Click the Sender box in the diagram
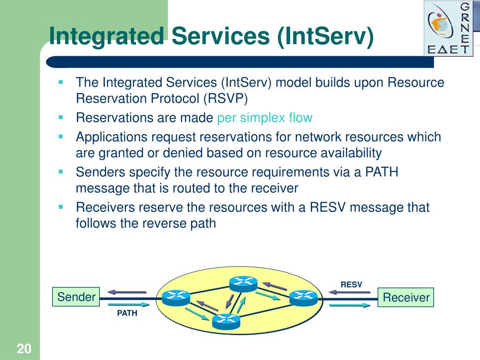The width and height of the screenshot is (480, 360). coord(76,297)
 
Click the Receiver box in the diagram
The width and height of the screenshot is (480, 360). coord(405,297)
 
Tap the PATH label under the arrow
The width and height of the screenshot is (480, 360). coord(127,313)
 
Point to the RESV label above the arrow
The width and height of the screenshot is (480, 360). coord(351,285)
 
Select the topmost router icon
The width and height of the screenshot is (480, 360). coord(243,284)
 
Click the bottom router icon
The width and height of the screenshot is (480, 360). coord(226,322)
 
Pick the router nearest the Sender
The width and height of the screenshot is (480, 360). coord(176,298)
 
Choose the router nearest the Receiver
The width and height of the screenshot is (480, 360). coord(303,298)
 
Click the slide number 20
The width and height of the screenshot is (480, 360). coord(24,349)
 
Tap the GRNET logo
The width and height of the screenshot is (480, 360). coord(449,29)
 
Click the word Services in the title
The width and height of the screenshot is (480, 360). coord(220,36)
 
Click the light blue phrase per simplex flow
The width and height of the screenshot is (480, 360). coord(264,118)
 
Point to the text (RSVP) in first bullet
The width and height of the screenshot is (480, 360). coord(225,98)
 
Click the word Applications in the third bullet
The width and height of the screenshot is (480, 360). coord(112,137)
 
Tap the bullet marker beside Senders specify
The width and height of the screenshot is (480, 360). coord(60,172)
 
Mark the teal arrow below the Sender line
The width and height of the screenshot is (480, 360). coord(129,304)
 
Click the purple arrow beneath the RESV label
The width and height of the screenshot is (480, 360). coord(349,292)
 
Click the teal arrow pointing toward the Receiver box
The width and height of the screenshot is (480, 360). coord(350,305)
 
